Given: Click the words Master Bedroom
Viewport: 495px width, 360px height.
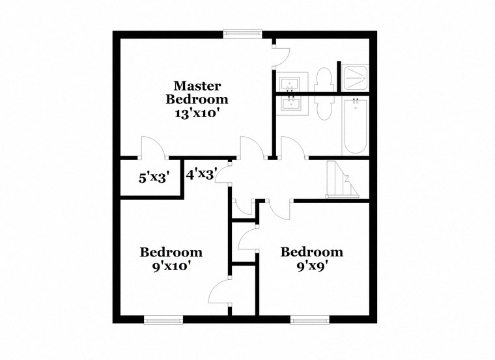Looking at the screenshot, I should tap(197, 92).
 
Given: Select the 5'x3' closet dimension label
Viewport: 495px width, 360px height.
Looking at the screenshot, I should tap(154, 176).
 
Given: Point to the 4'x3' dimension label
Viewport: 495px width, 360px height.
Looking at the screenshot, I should tap(201, 174).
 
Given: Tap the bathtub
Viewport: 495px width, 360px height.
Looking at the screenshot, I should tap(356, 126).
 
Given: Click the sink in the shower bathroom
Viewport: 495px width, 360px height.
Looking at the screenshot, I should tap(289, 83).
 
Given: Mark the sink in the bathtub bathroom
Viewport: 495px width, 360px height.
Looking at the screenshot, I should tap(289, 105).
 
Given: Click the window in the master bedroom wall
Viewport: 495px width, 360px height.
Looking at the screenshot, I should tap(242, 35).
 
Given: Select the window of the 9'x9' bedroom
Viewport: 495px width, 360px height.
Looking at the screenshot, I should tap(309, 319).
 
